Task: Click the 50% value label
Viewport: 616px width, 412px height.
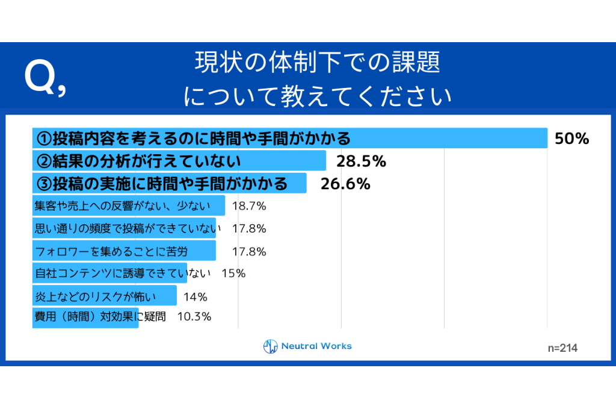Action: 571,139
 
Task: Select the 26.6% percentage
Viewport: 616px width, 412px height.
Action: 345,184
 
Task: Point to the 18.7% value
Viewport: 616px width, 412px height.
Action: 249,206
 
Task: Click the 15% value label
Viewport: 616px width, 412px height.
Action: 233,273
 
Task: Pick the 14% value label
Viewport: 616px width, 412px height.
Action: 196,296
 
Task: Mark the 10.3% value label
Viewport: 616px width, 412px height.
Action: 194,316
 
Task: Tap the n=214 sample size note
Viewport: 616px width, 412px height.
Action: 562,348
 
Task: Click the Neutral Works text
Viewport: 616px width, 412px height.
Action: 316,346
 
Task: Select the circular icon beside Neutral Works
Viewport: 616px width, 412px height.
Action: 271,346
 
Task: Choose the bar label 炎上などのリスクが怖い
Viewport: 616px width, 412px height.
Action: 95,296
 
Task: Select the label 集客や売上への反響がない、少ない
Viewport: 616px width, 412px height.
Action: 122,206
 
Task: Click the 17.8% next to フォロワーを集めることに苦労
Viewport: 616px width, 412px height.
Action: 249,251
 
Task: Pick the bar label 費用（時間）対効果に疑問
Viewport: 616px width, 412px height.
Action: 99,316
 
